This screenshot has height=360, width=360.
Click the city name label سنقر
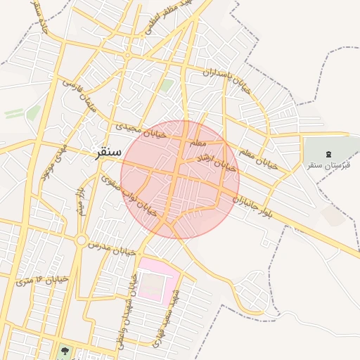pos(106,153)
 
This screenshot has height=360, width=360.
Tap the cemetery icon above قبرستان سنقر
pos(328,153)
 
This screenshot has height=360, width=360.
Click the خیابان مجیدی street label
pos(141,129)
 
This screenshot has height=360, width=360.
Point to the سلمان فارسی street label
pos(79,97)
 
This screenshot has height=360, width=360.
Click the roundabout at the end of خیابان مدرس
pos(82,240)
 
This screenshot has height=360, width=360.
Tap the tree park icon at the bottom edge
pos(65,349)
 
